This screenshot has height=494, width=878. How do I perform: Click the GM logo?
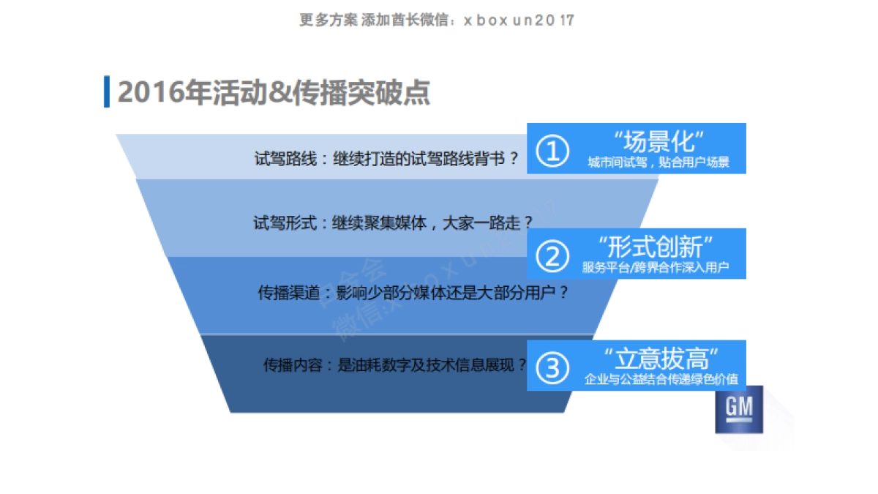point(738,408)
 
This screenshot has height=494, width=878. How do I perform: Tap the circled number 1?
point(552,151)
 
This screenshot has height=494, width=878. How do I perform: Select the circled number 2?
point(552,255)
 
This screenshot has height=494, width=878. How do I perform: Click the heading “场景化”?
point(658,141)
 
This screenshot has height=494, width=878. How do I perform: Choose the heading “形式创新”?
point(655,246)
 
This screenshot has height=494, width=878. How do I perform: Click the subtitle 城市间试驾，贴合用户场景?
point(658,162)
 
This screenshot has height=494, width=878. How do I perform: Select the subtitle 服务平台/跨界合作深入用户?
point(656,268)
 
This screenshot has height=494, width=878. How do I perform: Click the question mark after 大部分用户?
point(563,293)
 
